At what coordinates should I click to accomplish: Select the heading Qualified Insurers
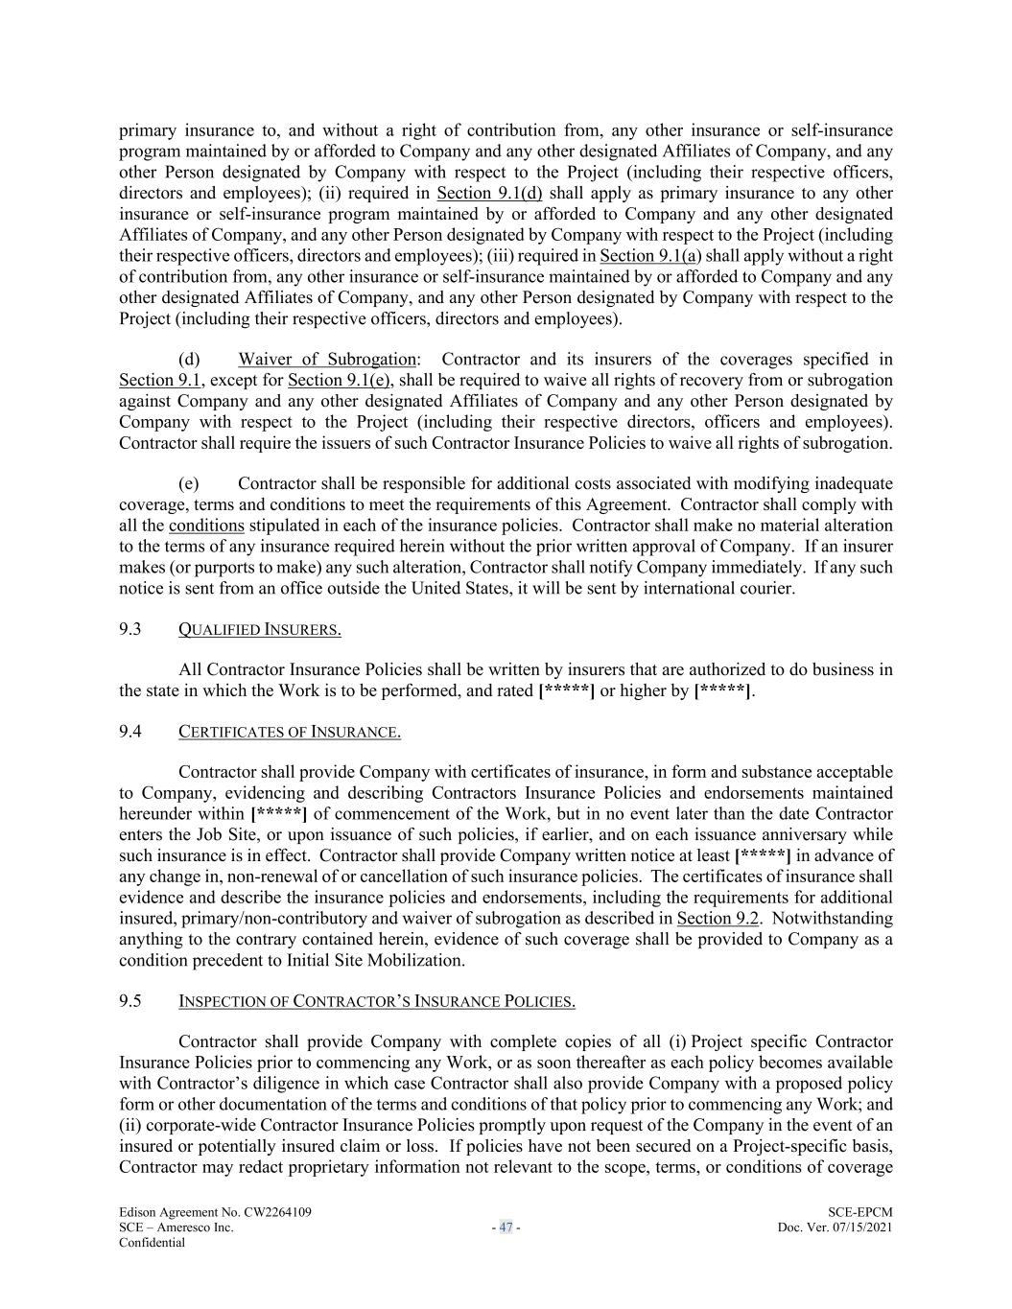pyautogui.click(x=259, y=630)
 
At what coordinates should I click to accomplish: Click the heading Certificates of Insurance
pyautogui.click(x=289, y=733)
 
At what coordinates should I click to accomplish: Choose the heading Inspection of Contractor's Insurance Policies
pyautogui.click(x=376, y=1002)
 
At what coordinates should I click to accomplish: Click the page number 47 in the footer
pyautogui.click(x=506, y=1227)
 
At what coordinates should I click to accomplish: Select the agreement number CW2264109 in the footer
pyautogui.click(x=271, y=1213)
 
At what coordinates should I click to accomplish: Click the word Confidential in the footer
pyautogui.click(x=152, y=1243)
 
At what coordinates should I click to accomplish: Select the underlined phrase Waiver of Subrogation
pyautogui.click(x=327, y=360)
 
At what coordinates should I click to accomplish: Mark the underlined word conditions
pyautogui.click(x=206, y=526)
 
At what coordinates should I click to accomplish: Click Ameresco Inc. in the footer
pyautogui.click(x=196, y=1227)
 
